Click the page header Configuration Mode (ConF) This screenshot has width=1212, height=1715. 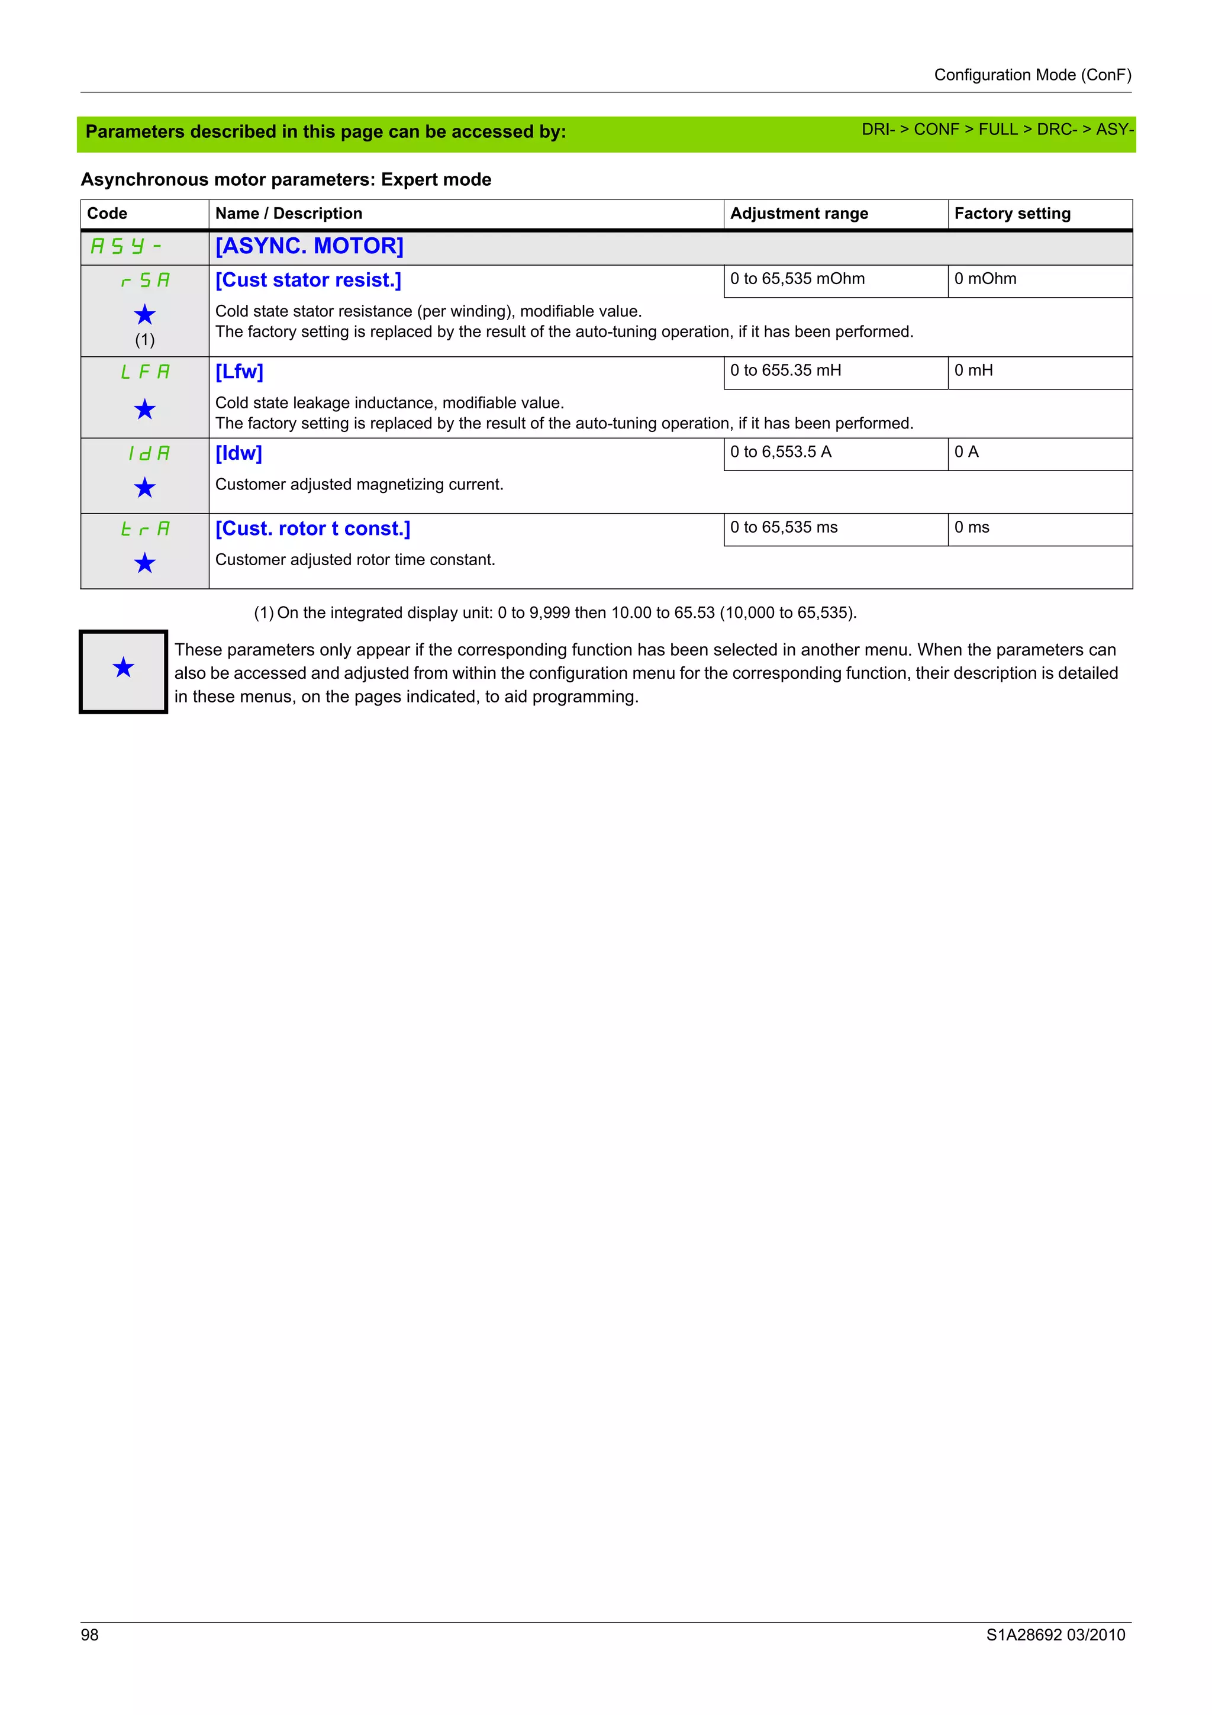(x=1032, y=75)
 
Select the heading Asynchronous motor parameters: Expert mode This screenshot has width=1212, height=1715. (x=286, y=179)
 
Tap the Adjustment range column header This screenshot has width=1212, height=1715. (x=798, y=214)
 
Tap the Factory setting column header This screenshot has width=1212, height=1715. (x=1012, y=214)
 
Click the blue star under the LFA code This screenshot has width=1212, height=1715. (x=144, y=410)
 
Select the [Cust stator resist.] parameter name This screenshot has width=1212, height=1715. (x=308, y=280)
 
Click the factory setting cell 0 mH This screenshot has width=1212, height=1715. (x=973, y=370)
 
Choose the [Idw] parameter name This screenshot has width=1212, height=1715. (x=238, y=453)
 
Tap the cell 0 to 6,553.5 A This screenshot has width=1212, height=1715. (x=781, y=452)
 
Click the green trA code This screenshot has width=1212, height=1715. (x=145, y=529)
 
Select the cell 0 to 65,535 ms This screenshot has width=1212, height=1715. (x=784, y=527)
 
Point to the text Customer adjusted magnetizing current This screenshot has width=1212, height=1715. (x=359, y=485)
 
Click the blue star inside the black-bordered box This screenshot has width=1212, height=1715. (x=123, y=667)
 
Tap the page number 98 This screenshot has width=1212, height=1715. (x=89, y=1635)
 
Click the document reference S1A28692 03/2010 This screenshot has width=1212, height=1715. (x=1055, y=1635)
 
